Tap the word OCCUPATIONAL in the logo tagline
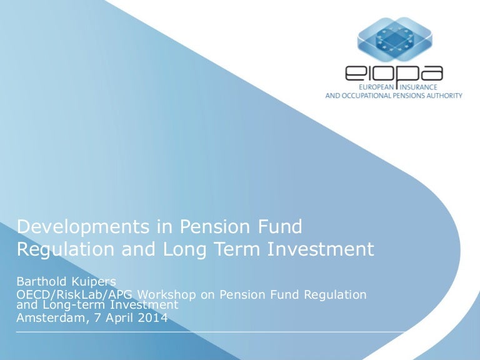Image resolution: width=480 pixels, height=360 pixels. [x=368, y=96]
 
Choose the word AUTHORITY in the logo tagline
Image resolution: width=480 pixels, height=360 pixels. [x=442, y=96]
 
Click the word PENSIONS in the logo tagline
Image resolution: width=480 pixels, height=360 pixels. [x=407, y=96]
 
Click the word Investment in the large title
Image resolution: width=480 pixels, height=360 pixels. [x=321, y=249]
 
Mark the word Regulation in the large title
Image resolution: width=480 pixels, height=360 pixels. [x=57, y=249]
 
